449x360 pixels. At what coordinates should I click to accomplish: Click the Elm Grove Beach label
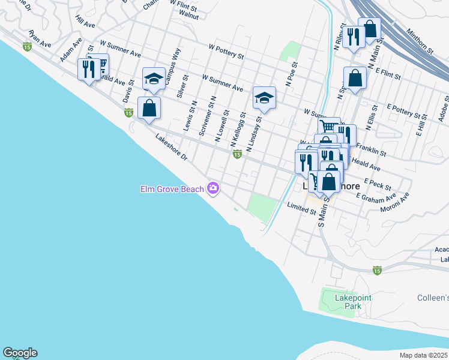click(x=172, y=190)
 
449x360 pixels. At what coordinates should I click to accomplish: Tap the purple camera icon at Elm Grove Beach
click(x=212, y=189)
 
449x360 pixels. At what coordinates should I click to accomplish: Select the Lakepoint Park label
click(x=341, y=301)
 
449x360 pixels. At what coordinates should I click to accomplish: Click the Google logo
click(x=20, y=353)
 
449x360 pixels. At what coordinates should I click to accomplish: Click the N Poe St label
click(x=292, y=75)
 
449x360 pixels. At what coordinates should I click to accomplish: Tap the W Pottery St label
click(x=226, y=52)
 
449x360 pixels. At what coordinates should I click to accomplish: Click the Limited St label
click(x=301, y=207)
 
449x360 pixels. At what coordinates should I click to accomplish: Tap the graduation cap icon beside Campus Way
click(x=154, y=79)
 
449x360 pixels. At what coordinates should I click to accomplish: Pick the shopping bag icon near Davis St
click(x=149, y=109)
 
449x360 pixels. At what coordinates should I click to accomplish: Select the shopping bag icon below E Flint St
click(x=355, y=79)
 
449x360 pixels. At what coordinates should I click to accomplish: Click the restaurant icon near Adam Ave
click(x=88, y=68)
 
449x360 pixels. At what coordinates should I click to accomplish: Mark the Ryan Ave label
click(x=40, y=40)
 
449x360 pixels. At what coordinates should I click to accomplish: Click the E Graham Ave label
click(x=376, y=197)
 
